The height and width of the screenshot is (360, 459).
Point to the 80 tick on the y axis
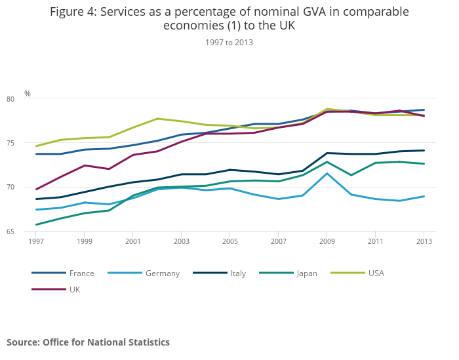pos(28,99)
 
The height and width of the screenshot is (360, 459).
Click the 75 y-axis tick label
pos(28,143)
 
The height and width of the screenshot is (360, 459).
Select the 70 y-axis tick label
pos(28,187)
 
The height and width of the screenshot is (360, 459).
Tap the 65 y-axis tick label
pos(28,231)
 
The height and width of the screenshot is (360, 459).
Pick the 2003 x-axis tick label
pos(181,241)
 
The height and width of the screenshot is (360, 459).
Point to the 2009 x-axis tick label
pos(327,241)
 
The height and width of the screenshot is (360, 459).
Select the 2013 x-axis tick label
pos(424,241)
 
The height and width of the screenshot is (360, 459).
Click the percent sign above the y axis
pos(28,93)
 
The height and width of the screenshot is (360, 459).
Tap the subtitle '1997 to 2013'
pos(229,42)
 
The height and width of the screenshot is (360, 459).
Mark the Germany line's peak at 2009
pos(327,174)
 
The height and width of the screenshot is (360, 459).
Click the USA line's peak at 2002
pos(157,119)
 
